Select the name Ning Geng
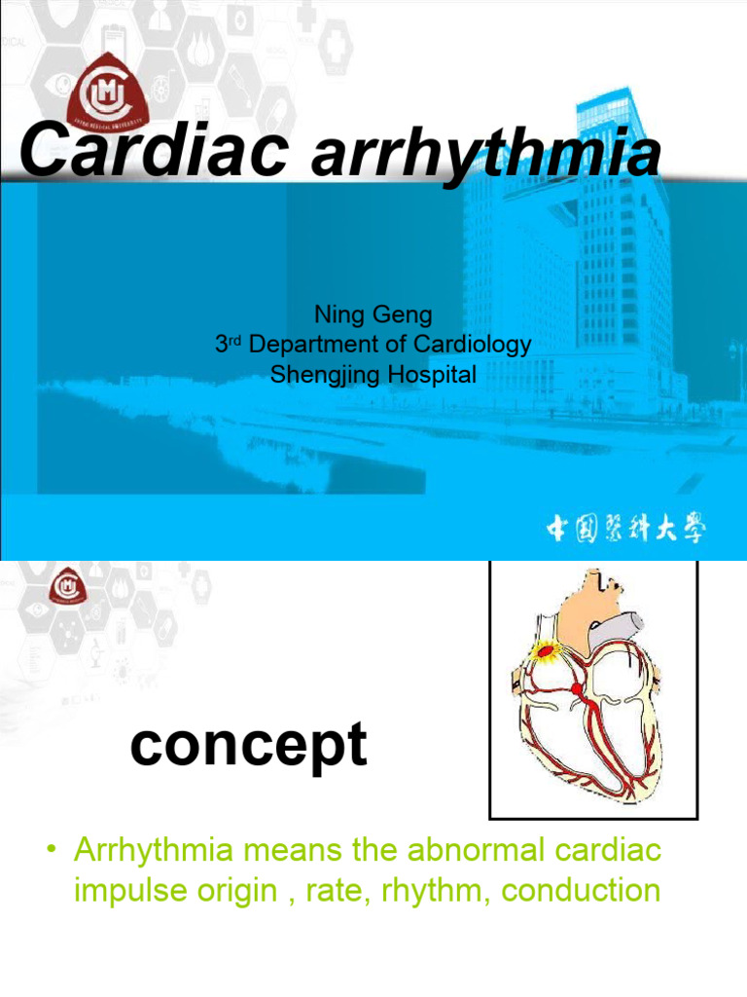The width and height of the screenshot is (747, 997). [x=373, y=314]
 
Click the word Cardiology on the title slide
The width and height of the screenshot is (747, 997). [x=477, y=345]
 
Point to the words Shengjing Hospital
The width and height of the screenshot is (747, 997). [x=373, y=375]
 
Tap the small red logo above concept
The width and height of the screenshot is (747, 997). [x=67, y=585]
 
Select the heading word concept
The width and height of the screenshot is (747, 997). [x=249, y=748]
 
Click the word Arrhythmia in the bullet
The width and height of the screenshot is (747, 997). [x=154, y=851]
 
